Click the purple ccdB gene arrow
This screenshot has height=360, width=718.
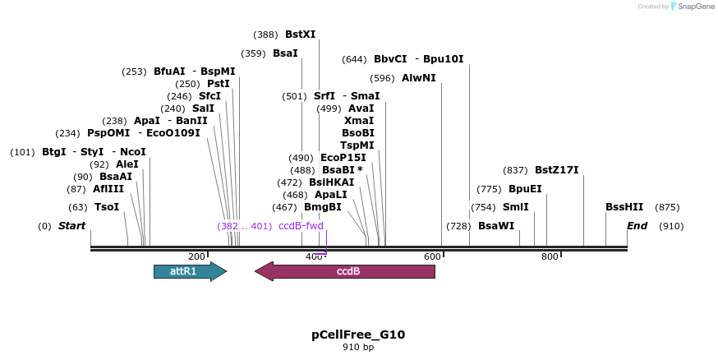click(x=345, y=271)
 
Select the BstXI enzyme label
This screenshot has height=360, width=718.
click(x=300, y=35)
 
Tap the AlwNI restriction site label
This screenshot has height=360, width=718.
click(x=419, y=78)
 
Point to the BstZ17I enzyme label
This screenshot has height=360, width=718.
click(x=556, y=170)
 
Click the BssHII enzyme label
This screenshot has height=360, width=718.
click(x=624, y=207)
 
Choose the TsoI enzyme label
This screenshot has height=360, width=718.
click(x=107, y=207)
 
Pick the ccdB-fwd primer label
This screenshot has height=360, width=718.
click(x=301, y=226)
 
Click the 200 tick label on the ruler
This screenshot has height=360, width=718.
click(x=196, y=257)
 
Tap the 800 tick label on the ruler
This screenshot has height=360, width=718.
click(x=550, y=257)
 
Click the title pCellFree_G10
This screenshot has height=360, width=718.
click(x=358, y=335)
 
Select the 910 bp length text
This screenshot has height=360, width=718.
click(x=358, y=348)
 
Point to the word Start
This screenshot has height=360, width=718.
click(x=71, y=226)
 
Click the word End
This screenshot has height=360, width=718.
click(x=637, y=226)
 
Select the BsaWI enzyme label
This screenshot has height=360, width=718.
click(x=496, y=226)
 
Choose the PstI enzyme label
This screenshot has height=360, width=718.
click(x=218, y=84)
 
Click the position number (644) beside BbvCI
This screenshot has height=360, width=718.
click(x=354, y=59)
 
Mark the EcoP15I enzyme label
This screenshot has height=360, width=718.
click(x=343, y=158)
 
